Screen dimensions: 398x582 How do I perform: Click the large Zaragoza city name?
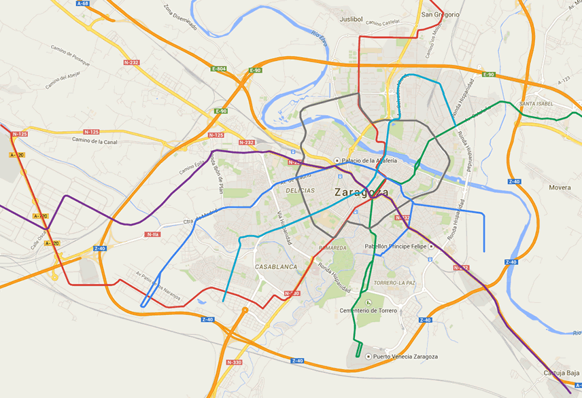(361, 192)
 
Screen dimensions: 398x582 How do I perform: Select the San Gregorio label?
(440, 14)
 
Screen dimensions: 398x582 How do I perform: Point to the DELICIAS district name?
(299, 192)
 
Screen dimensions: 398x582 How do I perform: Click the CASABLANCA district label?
(276, 267)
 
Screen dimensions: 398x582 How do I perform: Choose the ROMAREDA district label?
(332, 249)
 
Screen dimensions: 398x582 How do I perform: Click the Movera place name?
(560, 186)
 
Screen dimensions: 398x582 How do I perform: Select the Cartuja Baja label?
(562, 373)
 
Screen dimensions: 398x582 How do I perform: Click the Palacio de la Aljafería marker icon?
(337, 160)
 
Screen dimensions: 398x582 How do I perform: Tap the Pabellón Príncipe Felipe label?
(394, 246)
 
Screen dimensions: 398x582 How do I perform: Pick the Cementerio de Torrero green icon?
(368, 302)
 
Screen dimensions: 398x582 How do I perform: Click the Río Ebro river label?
(320, 41)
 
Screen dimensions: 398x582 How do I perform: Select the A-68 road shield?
(83, 3)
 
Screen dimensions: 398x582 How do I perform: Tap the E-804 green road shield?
(218, 69)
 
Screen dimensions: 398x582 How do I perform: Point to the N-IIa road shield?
(152, 234)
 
